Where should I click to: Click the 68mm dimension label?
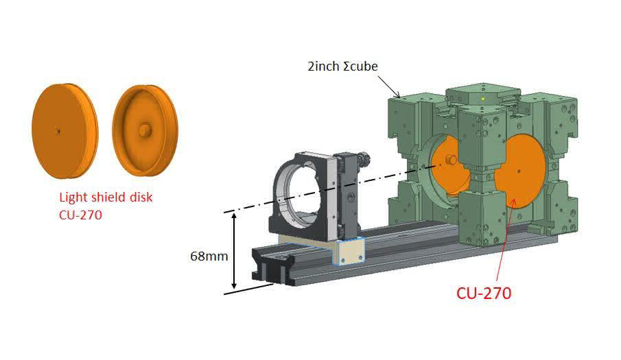209,256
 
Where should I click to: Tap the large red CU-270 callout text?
484,293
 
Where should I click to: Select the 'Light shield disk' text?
105,197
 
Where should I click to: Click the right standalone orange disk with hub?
145,130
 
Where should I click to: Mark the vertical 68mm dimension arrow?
235,250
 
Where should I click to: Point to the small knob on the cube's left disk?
452,159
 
